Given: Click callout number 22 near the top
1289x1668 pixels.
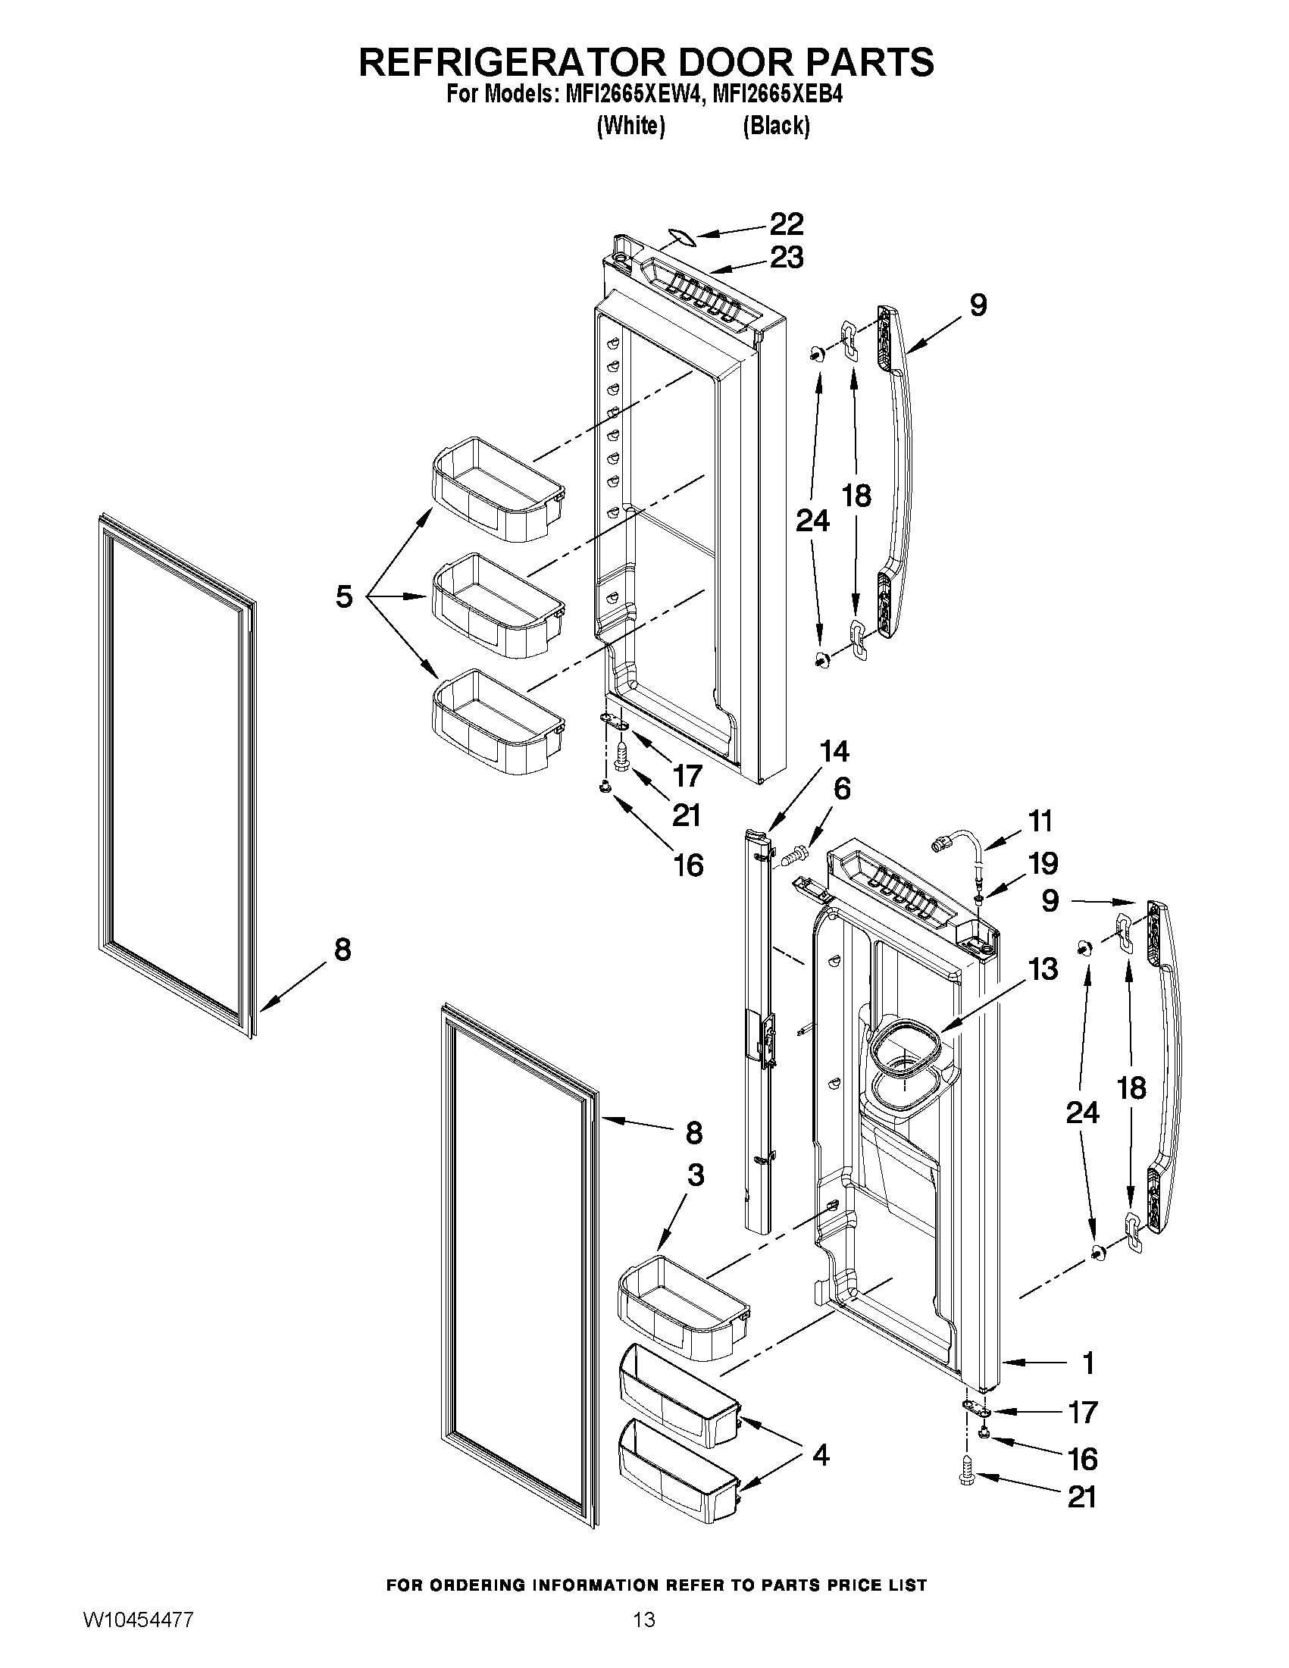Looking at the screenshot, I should tap(786, 224).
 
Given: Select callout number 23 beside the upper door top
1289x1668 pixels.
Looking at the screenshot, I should tap(786, 258).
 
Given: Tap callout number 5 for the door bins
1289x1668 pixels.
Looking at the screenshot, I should tap(344, 596).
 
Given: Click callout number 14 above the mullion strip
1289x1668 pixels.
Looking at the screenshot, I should tap(834, 751).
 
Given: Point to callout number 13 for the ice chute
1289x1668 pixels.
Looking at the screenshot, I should tap(1043, 969).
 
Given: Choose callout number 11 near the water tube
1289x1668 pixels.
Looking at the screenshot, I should tap(1039, 821).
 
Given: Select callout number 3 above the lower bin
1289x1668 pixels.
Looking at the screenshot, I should tap(695, 1175).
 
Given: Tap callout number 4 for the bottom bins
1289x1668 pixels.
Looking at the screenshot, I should tap(820, 1456).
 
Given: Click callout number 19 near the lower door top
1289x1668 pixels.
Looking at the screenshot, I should tap(1043, 864).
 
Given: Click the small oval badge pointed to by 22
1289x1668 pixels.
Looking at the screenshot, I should tap(682, 237).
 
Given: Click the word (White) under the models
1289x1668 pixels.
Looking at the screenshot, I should tap(630, 125).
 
